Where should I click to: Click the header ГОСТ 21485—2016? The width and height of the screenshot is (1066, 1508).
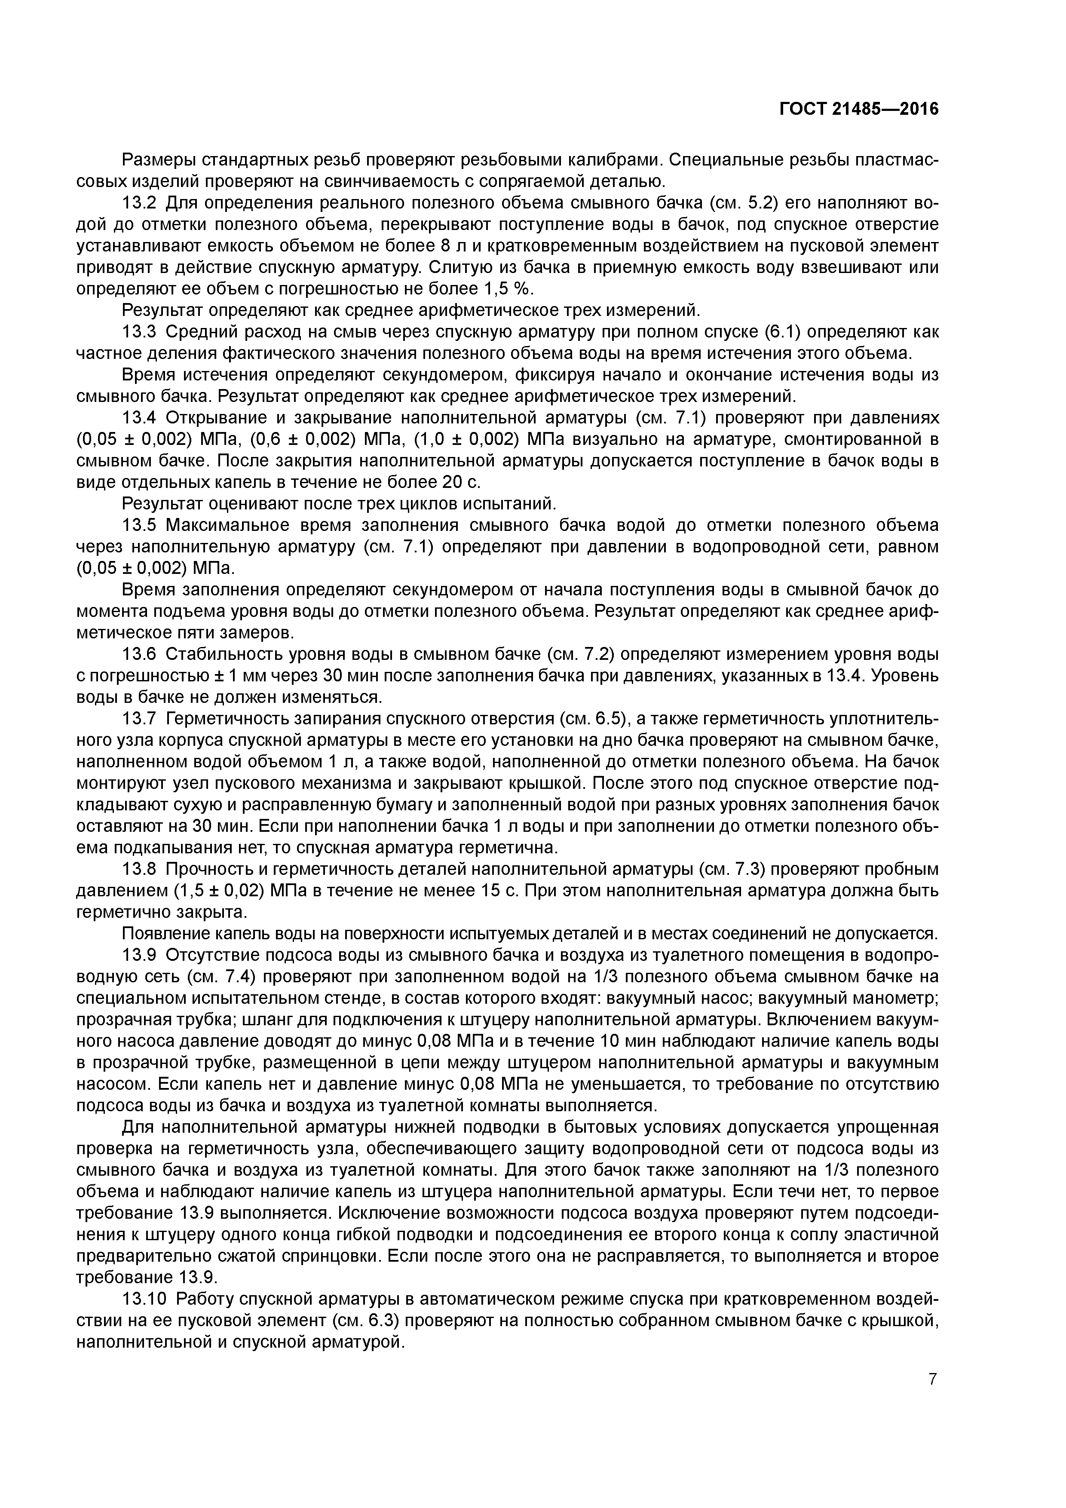pos(858,109)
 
